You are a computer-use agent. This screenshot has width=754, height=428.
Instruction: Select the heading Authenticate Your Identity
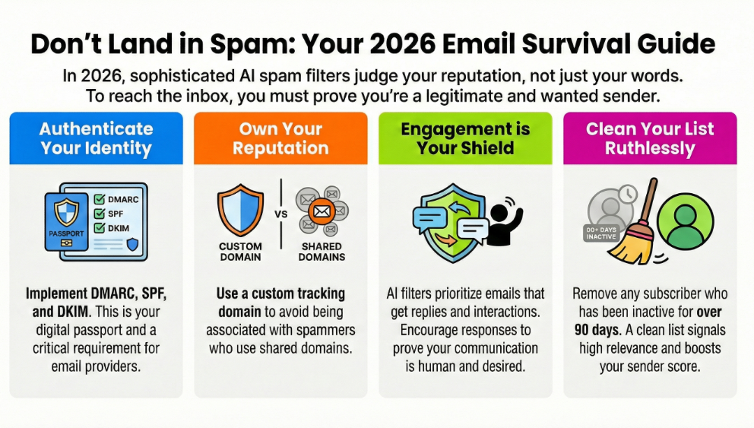click(x=97, y=138)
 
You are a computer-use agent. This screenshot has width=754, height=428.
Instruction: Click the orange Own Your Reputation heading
click(x=280, y=138)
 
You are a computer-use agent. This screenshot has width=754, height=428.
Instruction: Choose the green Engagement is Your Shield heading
click(x=465, y=138)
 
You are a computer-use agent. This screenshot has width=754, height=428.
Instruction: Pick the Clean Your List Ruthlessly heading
click(x=650, y=138)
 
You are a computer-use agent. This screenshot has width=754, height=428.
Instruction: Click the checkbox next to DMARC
click(x=100, y=199)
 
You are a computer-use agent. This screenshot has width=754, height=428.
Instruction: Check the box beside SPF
click(x=100, y=214)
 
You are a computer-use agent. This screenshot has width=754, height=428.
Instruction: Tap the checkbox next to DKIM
click(x=100, y=228)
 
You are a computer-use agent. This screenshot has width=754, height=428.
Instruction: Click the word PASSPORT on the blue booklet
click(x=66, y=233)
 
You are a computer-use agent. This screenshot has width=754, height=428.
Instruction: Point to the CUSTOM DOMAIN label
click(x=240, y=252)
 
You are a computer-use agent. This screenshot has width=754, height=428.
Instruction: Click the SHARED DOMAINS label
click(x=322, y=252)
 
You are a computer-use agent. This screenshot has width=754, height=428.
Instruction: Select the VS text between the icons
click(x=281, y=214)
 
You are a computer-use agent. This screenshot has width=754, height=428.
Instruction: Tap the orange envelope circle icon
click(x=322, y=211)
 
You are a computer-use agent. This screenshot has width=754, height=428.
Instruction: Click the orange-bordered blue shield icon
click(x=240, y=210)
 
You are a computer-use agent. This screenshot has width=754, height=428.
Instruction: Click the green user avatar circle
click(x=686, y=221)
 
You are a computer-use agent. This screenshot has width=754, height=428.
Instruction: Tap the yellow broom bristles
click(x=634, y=246)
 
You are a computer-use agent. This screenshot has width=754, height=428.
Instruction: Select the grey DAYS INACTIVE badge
click(x=601, y=233)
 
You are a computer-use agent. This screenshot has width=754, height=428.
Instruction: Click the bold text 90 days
click(x=596, y=330)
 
